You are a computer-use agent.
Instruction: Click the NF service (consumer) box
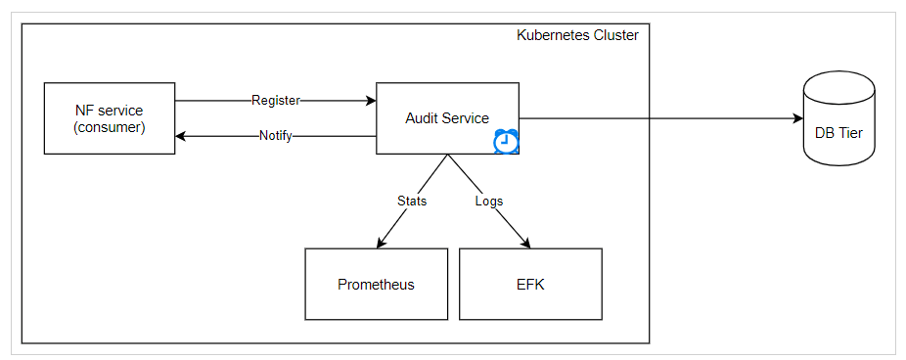[x=110, y=118]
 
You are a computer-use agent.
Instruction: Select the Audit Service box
[x=447, y=118]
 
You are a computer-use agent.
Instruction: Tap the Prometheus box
[x=376, y=285]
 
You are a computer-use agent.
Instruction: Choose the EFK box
[x=530, y=285]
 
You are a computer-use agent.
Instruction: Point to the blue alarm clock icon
[x=506, y=142]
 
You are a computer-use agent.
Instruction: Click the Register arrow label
[x=275, y=100]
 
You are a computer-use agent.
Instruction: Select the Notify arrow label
[x=275, y=136]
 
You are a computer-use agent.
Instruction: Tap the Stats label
[x=412, y=201]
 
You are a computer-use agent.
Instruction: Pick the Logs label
[x=488, y=201]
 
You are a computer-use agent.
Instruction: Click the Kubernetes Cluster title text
[x=577, y=35]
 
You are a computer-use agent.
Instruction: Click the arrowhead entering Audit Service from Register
[x=371, y=100]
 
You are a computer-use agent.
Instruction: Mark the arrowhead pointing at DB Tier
[x=795, y=118]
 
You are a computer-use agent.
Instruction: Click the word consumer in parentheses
[x=110, y=126]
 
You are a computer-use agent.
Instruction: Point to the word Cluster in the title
[x=612, y=35]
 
